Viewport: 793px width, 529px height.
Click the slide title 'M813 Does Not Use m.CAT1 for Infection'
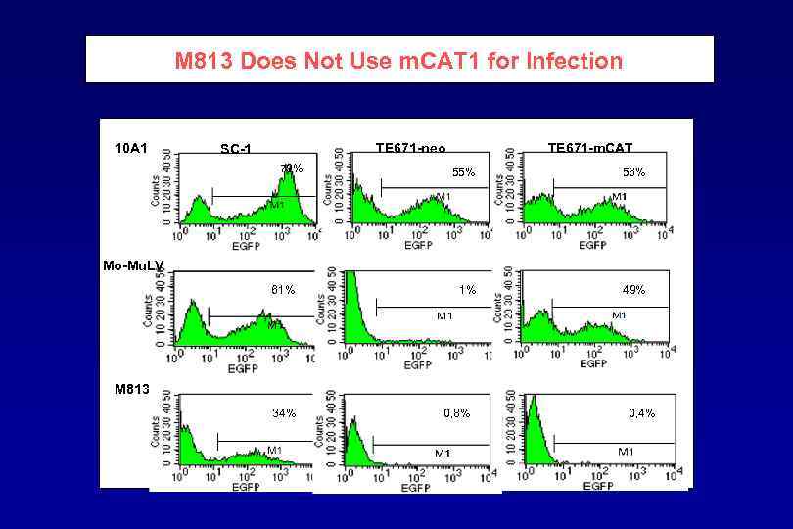(x=398, y=61)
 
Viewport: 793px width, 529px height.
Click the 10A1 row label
(x=130, y=148)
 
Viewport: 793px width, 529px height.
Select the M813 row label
(x=131, y=388)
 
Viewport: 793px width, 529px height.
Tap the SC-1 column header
(x=236, y=149)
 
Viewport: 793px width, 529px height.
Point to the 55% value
(x=463, y=172)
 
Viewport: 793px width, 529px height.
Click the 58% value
(x=633, y=172)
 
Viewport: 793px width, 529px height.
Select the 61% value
(x=284, y=290)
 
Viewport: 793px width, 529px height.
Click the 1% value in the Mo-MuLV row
(x=468, y=290)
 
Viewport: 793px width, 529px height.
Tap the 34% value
(x=284, y=412)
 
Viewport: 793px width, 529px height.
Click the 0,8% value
(x=456, y=412)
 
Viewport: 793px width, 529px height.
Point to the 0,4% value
(x=641, y=412)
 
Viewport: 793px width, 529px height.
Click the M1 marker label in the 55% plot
(x=443, y=197)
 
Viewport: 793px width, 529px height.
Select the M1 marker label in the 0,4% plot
(x=625, y=451)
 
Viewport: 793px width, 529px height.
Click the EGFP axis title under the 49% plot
(x=592, y=363)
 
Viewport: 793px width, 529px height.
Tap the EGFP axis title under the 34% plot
(x=243, y=487)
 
